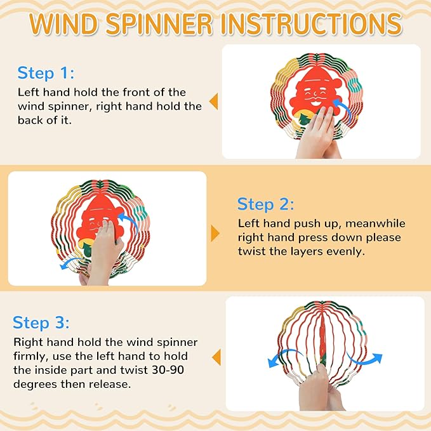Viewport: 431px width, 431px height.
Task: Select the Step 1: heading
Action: (x=46, y=73)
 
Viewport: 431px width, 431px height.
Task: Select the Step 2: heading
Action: (x=265, y=204)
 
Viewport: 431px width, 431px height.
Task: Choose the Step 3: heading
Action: (x=41, y=322)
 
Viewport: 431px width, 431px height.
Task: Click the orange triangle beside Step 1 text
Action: (x=213, y=102)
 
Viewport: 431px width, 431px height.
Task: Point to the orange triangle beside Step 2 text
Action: (x=215, y=234)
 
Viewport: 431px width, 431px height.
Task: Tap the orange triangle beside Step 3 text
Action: (x=216, y=357)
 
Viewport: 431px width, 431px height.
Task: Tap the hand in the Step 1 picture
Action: (x=319, y=133)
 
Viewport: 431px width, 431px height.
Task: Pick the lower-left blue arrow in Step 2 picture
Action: (x=69, y=262)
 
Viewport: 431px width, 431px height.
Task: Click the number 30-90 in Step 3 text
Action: (x=168, y=370)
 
